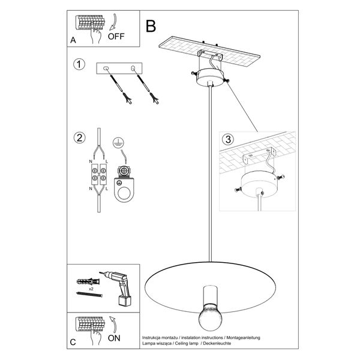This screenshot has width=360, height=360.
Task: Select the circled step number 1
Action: point(78,64)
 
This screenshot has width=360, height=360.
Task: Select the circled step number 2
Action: point(78,137)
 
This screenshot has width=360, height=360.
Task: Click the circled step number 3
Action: point(226,140)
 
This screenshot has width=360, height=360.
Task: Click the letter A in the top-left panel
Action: point(73,41)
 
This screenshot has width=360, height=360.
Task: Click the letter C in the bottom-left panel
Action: point(73,343)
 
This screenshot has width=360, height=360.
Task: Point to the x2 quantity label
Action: point(90,288)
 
